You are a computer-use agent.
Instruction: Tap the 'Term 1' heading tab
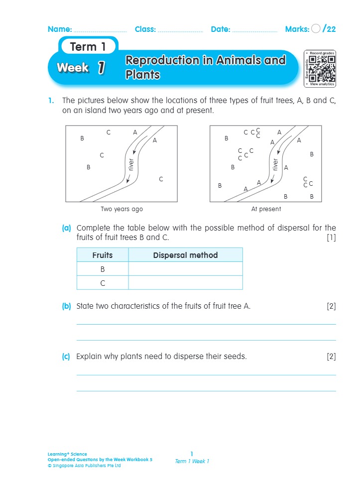tap(88, 47)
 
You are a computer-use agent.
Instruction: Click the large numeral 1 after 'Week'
tap(101, 68)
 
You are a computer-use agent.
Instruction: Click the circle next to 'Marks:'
tap(316, 29)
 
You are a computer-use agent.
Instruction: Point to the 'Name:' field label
tap(60, 29)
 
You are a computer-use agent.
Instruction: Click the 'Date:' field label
tap(220, 29)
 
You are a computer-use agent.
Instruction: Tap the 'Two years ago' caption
tap(121, 209)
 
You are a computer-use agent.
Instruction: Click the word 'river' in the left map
tap(131, 165)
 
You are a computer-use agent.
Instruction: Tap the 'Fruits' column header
tap(103, 255)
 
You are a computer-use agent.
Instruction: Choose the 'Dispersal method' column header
tap(185, 255)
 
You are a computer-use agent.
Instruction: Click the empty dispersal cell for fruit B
tap(185, 269)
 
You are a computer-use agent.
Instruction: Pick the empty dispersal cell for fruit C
tap(185, 283)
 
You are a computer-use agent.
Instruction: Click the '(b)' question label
tap(67, 306)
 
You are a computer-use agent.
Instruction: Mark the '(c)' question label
tap(67, 357)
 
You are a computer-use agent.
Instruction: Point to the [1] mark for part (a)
tap(331, 238)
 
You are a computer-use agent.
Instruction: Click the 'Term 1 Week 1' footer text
tap(192, 461)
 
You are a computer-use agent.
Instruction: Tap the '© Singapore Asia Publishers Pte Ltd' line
tap(84, 466)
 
